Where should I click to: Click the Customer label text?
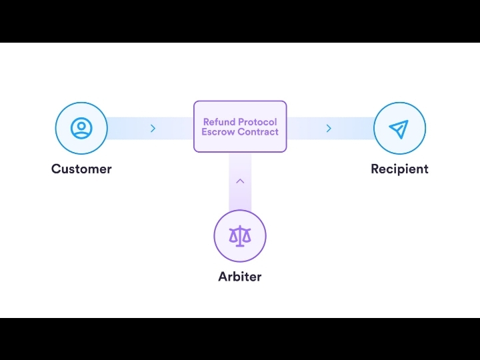tap(81, 169)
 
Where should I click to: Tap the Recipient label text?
tap(399, 169)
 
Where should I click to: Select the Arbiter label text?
tap(240, 276)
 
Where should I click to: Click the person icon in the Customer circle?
tap(81, 127)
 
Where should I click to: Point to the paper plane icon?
tap(399, 128)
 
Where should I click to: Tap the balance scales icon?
tap(240, 235)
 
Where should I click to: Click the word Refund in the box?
tap(219, 122)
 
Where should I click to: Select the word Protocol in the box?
tap(258, 122)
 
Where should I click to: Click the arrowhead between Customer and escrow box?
tap(153, 128)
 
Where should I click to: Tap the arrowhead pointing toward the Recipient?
tap(329, 128)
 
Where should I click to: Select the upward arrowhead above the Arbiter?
tap(240, 181)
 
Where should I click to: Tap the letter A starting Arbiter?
tap(223, 276)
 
